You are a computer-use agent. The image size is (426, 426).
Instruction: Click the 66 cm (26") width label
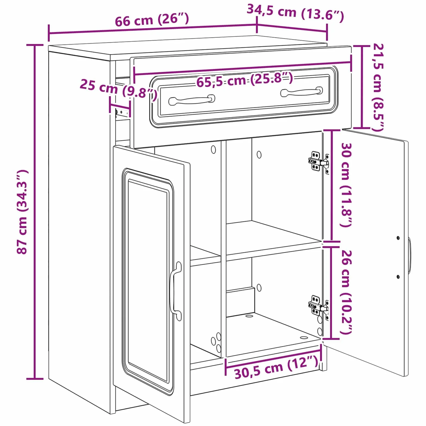[152, 20]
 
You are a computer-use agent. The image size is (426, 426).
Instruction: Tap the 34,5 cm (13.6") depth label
[295, 12]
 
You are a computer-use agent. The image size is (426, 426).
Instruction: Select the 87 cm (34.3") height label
[22, 212]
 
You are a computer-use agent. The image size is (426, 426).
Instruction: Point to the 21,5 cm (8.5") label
[378, 87]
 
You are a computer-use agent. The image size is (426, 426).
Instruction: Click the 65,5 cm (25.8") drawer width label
[245, 80]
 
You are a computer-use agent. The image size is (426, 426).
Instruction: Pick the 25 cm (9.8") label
[119, 89]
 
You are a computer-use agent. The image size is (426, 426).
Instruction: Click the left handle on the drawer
[192, 100]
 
